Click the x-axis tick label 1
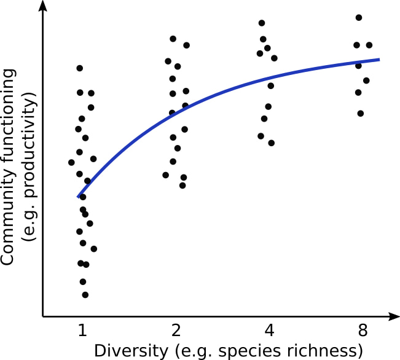pos(82,331)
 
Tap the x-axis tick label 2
pos(176,331)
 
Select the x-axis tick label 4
pos(269,331)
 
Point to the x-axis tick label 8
pos(363,331)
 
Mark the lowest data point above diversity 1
pos(85,295)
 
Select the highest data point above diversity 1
pos(79,68)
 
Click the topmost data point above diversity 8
pos(359,18)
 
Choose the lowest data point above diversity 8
pos(361,113)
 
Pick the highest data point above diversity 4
pos(262,23)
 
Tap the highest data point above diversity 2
pos(173,39)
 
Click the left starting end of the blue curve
pos(79,197)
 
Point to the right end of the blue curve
pos(379,60)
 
